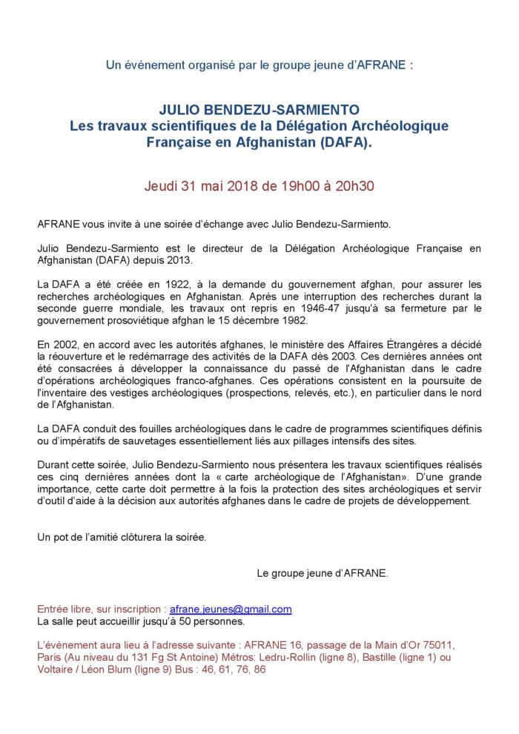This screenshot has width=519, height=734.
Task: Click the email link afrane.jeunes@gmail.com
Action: point(231,609)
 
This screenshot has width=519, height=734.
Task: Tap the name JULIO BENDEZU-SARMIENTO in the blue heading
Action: point(259,110)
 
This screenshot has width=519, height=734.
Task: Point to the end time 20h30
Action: point(351,185)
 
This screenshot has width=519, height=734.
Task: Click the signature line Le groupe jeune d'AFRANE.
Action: point(322,573)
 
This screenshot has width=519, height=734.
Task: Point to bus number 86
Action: point(259,669)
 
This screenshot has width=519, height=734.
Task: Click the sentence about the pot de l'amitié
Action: point(122,537)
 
